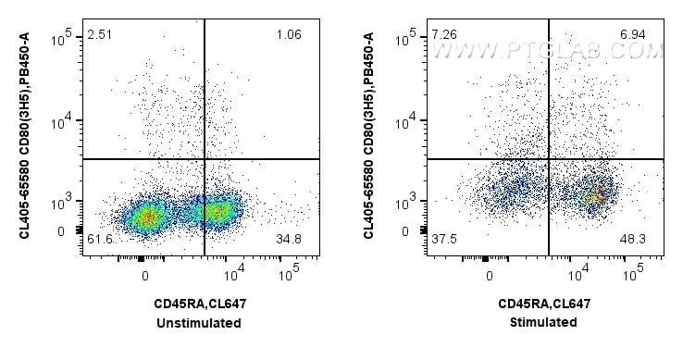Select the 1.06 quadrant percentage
[289, 35]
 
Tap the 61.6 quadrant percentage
[100, 240]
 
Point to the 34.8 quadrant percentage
[290, 240]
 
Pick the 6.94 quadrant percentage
[633, 35]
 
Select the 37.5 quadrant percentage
[444, 240]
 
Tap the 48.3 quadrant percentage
[634, 240]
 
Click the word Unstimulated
[201, 323]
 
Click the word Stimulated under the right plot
[545, 323]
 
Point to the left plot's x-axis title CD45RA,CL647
[201, 304]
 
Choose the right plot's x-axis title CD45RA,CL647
[545, 304]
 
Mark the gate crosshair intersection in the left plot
[205, 159]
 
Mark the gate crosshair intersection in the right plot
[549, 159]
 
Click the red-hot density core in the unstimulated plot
[146, 217]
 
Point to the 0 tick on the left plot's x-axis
[144, 275]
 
